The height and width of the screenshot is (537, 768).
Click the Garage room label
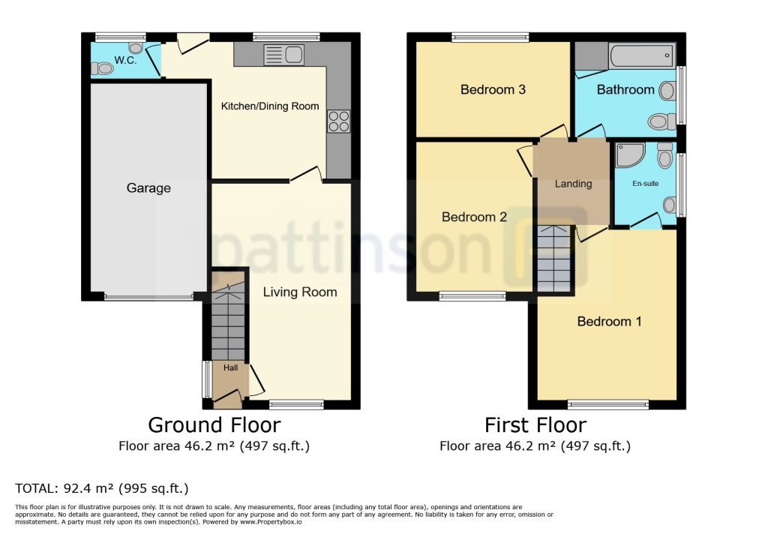point(148,188)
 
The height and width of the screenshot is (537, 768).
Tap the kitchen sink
point(284,55)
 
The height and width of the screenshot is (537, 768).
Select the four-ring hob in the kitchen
point(339,121)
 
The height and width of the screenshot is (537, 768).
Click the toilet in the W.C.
point(102,68)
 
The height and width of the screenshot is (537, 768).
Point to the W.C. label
point(125,60)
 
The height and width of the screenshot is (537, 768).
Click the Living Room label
point(300,292)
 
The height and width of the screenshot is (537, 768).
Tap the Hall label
point(231,368)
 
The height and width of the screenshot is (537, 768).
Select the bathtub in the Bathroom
point(642,55)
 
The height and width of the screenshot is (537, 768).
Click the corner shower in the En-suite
point(629,154)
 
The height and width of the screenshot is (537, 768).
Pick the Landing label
point(574,184)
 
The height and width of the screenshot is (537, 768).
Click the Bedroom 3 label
point(493,90)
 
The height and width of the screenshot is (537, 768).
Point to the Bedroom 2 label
point(474,217)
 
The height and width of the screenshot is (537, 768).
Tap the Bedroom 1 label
point(609,322)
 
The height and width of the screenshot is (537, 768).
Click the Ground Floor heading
point(214,424)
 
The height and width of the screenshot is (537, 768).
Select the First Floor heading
point(535,424)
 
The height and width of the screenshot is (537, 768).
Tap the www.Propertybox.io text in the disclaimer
point(271,522)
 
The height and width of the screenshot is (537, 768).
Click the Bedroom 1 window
point(608,405)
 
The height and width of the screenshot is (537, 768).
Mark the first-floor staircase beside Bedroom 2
point(554,259)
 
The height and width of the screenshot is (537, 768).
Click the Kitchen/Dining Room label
point(270,106)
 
